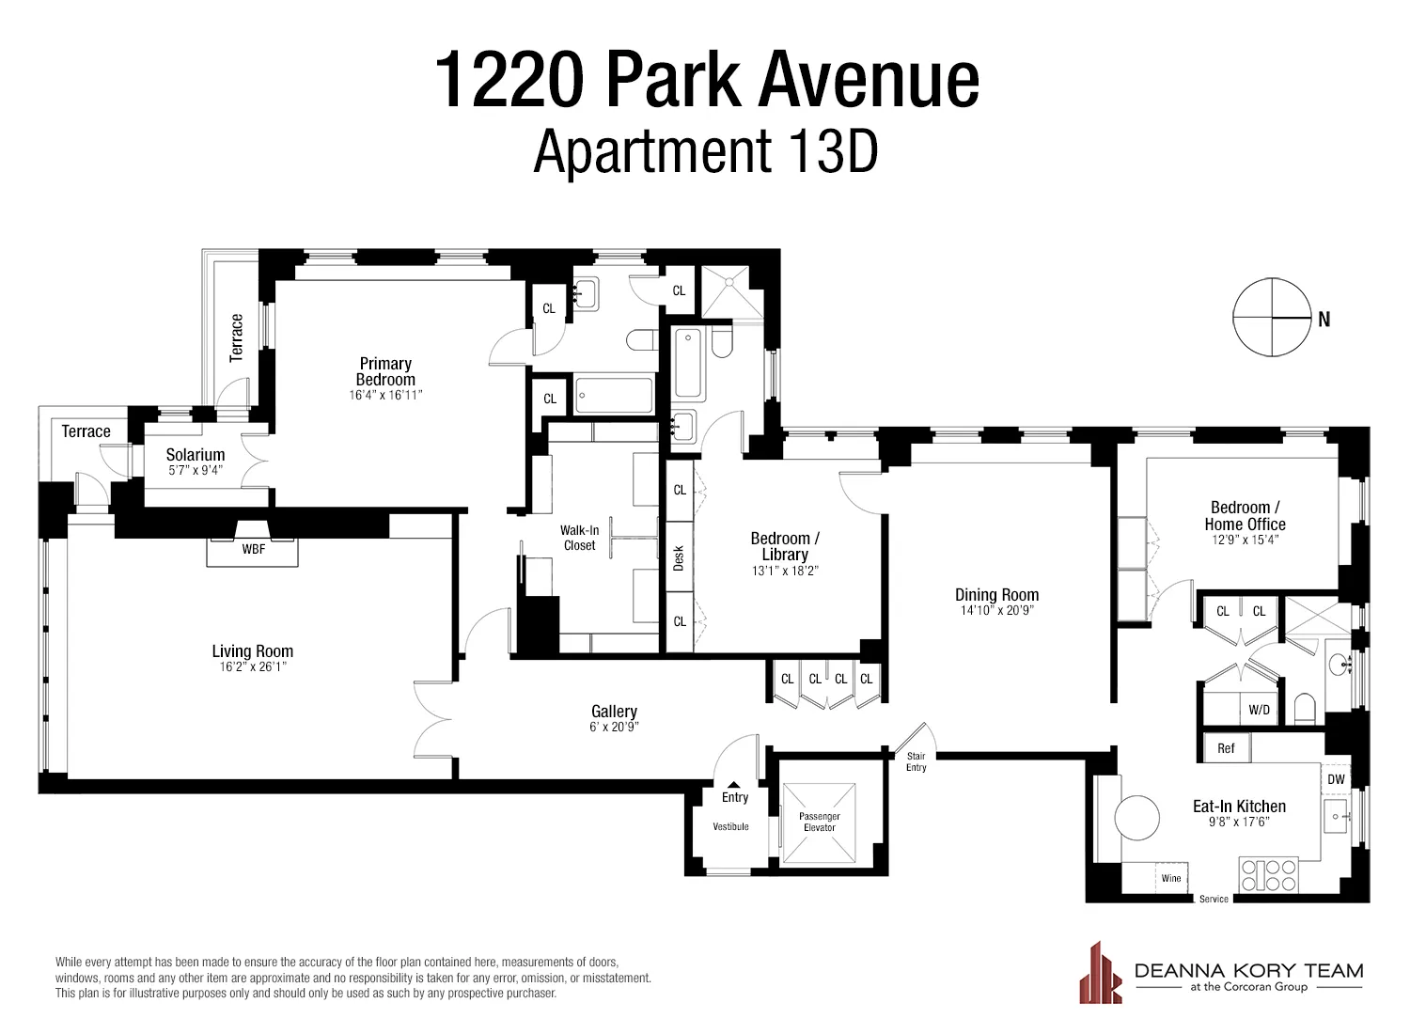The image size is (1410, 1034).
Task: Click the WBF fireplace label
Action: pos(254,549)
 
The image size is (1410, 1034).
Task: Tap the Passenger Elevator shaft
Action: pos(820,822)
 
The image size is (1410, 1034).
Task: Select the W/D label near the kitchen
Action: pos(1260,710)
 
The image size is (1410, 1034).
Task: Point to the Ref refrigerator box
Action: pos(1226,748)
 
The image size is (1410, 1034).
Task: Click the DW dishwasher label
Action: pos(1336,779)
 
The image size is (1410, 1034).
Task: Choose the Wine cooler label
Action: pos(1171,879)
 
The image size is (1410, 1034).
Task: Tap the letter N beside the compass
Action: pos(1324,320)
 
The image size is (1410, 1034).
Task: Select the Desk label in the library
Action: pos(679,558)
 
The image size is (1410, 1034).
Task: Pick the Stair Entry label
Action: pos(916,761)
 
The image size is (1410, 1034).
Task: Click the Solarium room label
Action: pos(196,455)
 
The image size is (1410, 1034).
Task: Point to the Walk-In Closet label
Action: pos(580,538)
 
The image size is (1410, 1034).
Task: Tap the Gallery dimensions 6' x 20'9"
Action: pos(615,727)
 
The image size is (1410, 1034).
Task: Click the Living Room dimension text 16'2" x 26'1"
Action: pos(252,667)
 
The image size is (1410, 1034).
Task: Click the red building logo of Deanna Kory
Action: pos(1101,972)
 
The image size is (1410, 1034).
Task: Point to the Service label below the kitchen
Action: pos(1214,900)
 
